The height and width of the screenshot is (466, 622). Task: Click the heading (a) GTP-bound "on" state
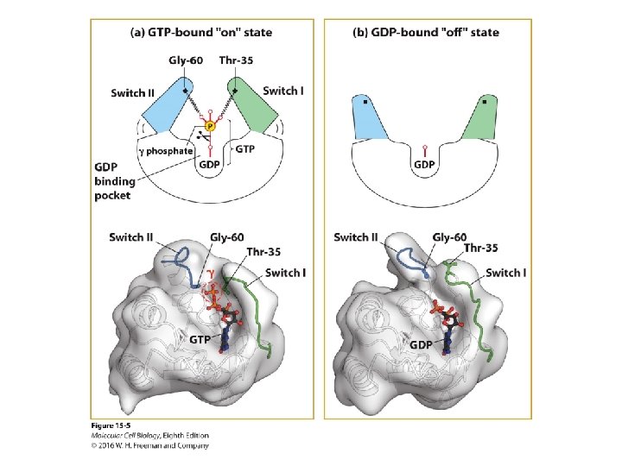(200, 33)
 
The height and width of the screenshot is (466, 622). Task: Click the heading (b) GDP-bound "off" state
(426, 33)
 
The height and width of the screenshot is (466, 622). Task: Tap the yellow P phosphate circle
(210, 126)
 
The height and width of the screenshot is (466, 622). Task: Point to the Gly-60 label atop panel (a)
(185, 60)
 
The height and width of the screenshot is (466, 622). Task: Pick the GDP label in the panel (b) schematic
(424, 164)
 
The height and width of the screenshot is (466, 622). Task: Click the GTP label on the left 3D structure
(201, 340)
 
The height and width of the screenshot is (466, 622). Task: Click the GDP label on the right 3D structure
(421, 344)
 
